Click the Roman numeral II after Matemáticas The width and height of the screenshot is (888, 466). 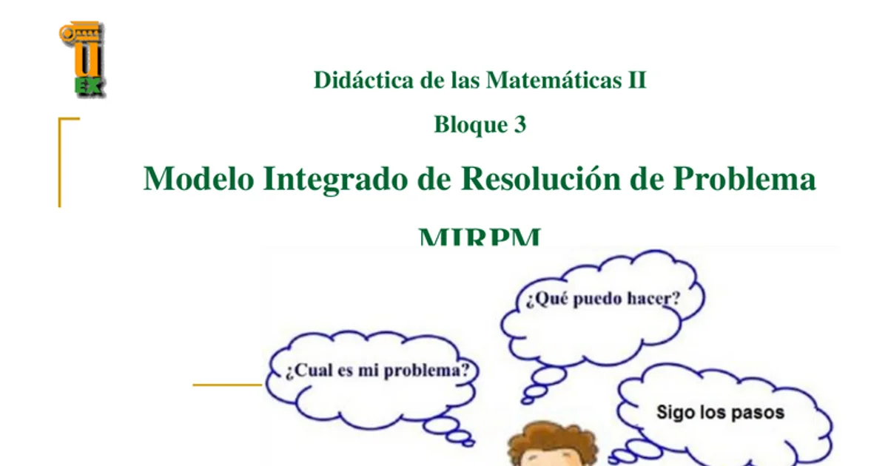(x=637, y=80)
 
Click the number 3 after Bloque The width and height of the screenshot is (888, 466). (x=519, y=125)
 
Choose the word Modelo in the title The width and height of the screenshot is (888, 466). (x=198, y=179)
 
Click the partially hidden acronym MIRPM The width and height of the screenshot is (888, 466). (x=480, y=238)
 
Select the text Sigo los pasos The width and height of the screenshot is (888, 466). (x=720, y=412)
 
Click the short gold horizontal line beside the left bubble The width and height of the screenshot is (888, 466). (x=227, y=385)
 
